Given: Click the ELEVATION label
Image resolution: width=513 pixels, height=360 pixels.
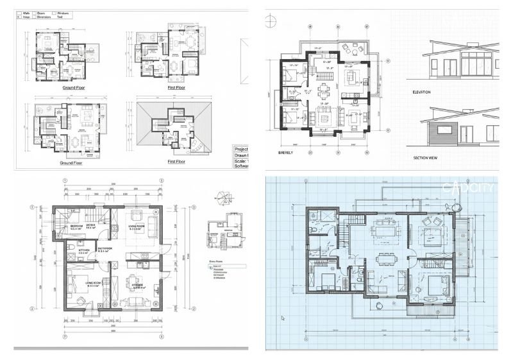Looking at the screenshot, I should point(421,92).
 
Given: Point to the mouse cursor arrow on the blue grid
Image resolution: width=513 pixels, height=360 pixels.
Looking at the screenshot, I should point(282,317).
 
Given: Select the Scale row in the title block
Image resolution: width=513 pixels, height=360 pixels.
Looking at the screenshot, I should point(241,160).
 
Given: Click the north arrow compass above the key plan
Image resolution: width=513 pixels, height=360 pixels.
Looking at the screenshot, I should point(222,197).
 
